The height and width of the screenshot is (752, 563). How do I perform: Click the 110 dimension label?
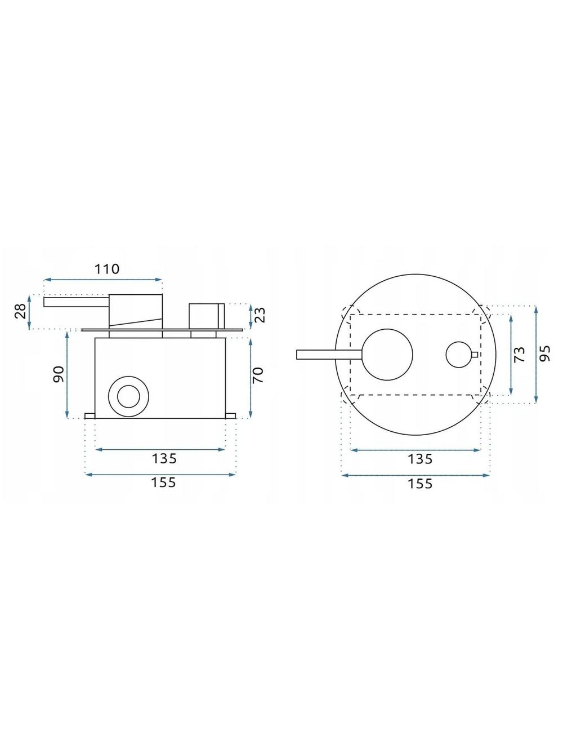point(107,269)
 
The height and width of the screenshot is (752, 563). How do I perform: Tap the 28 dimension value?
point(21,311)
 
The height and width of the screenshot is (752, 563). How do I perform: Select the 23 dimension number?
point(260,315)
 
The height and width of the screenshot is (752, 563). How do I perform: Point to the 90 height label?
point(58,374)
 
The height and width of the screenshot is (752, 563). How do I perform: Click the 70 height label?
point(257,375)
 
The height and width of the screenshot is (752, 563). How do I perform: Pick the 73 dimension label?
point(519,355)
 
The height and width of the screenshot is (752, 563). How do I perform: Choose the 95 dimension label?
point(545,353)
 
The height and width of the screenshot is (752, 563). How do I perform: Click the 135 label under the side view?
point(164,458)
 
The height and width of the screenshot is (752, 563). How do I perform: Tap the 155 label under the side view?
point(163,483)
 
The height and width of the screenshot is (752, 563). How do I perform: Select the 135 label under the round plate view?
point(420,459)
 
